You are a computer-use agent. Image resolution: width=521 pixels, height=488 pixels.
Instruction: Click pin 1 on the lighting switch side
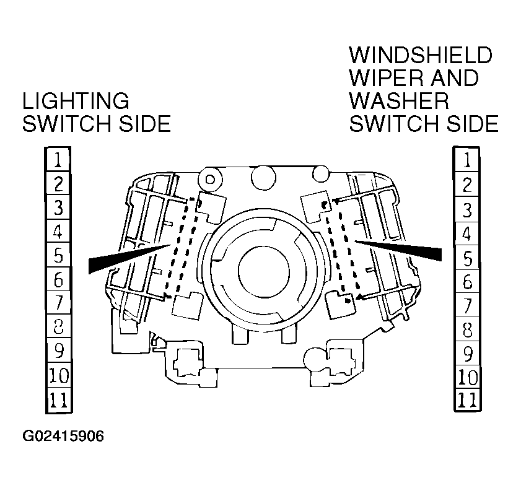[58, 160]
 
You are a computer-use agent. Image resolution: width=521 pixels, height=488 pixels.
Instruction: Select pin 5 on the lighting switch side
[58, 256]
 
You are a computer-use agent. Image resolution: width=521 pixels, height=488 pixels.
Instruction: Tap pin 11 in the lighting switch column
[58, 401]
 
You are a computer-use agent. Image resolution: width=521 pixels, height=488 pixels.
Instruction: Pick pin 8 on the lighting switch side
[58, 328]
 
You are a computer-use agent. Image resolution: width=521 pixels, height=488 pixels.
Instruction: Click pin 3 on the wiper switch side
[466, 209]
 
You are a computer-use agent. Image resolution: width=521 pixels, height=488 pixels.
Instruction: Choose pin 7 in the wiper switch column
[466, 305]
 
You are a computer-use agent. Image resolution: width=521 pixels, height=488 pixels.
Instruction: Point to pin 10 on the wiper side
[466, 377]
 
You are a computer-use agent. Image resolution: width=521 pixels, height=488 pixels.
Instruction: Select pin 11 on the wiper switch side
[466, 399]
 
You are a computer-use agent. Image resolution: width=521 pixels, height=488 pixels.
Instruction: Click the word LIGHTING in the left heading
[76, 101]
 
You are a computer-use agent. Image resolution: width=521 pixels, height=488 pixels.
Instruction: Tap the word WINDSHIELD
[421, 56]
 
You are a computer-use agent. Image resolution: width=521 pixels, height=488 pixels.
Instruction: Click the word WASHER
[399, 101]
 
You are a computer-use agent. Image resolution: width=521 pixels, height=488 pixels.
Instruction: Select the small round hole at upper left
[210, 180]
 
